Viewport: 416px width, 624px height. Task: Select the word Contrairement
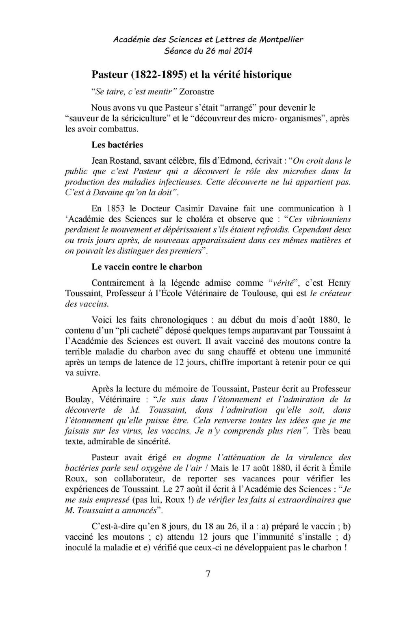tap(118, 283)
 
